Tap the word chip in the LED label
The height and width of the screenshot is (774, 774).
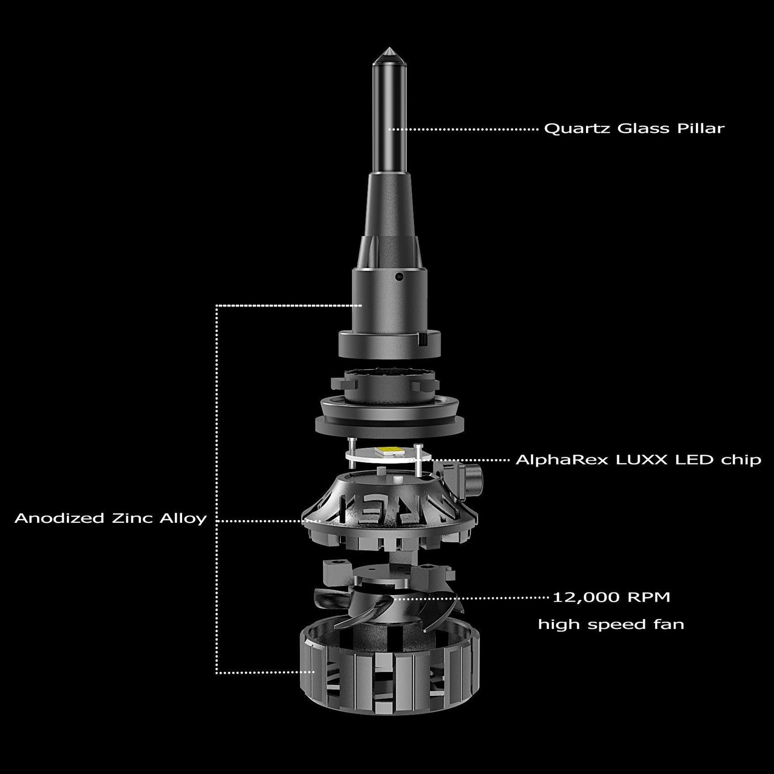(x=741, y=460)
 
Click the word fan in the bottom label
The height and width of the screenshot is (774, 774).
(x=670, y=625)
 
